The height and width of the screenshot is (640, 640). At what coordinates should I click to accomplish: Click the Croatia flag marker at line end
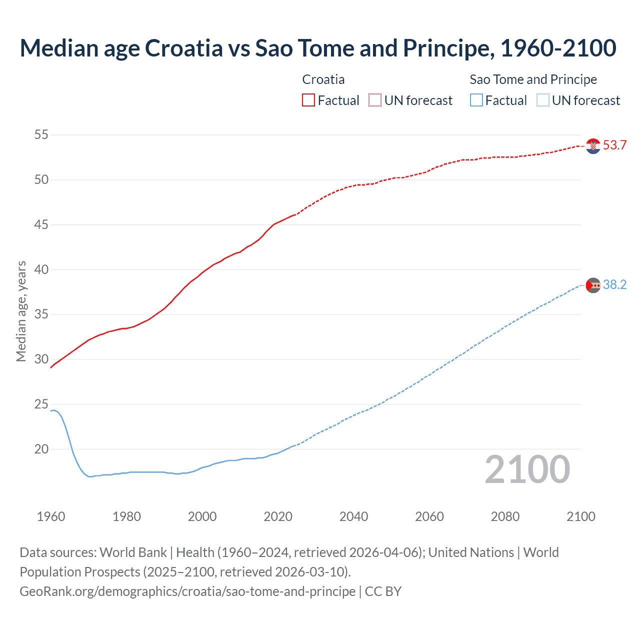[593, 146]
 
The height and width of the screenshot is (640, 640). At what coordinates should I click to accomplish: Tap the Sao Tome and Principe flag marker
[593, 285]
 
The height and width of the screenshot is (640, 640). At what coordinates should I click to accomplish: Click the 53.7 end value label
[614, 145]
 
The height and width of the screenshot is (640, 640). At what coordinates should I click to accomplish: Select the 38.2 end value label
[614, 285]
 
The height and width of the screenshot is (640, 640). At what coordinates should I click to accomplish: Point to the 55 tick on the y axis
[41, 135]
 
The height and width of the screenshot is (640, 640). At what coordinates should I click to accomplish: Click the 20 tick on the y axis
[41, 449]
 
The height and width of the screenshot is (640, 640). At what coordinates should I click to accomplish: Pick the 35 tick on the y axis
[41, 314]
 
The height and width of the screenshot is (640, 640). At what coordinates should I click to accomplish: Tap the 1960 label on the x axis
[51, 516]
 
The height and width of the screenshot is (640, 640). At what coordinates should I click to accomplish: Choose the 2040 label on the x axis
[353, 516]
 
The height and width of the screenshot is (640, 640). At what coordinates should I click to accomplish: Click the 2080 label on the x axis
[505, 516]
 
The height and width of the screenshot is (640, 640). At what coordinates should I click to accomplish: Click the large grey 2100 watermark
[527, 469]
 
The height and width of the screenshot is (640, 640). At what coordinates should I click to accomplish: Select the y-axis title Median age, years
[21, 311]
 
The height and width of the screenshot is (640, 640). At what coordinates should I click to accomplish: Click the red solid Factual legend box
[308, 100]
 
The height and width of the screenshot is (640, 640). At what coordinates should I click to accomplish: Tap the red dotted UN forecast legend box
[375, 100]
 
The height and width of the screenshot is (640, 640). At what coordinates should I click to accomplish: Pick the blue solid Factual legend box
[476, 100]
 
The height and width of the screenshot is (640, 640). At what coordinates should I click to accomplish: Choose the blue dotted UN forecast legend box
[542, 100]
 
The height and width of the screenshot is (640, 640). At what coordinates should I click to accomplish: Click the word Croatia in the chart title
[183, 48]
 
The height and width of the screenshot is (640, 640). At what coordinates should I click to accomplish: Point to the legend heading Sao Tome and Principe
[533, 79]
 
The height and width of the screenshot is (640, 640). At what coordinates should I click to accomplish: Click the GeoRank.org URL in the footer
[187, 591]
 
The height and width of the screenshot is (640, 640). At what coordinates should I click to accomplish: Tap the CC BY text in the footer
[383, 591]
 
